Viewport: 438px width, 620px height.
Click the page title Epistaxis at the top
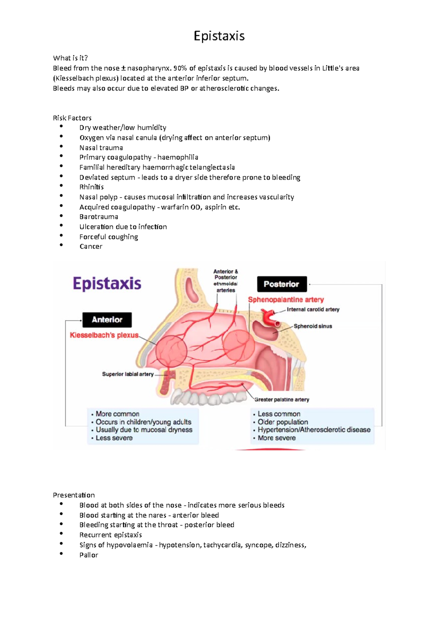(x=219, y=36)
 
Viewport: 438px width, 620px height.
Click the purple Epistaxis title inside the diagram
(x=107, y=284)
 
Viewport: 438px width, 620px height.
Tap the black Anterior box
(x=107, y=320)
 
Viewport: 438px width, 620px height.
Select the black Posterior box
(x=281, y=284)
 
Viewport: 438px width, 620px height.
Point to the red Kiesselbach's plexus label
(x=104, y=335)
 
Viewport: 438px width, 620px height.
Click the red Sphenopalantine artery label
(x=286, y=300)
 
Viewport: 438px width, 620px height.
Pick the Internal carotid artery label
(x=313, y=310)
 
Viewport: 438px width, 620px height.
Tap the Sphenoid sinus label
(x=313, y=326)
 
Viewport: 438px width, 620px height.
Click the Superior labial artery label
(x=128, y=374)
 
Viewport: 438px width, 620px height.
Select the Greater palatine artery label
(x=282, y=400)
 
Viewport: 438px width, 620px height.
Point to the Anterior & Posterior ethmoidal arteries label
(x=226, y=281)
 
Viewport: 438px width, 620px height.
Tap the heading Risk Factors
(x=72, y=118)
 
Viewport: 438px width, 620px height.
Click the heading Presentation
(x=74, y=495)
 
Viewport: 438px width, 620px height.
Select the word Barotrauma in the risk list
(x=99, y=217)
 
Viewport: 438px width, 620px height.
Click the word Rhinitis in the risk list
(x=91, y=187)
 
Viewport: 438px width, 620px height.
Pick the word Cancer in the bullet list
(x=91, y=246)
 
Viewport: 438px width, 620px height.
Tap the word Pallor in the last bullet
(x=89, y=555)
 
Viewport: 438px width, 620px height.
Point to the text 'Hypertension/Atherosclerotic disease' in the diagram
(x=314, y=430)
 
